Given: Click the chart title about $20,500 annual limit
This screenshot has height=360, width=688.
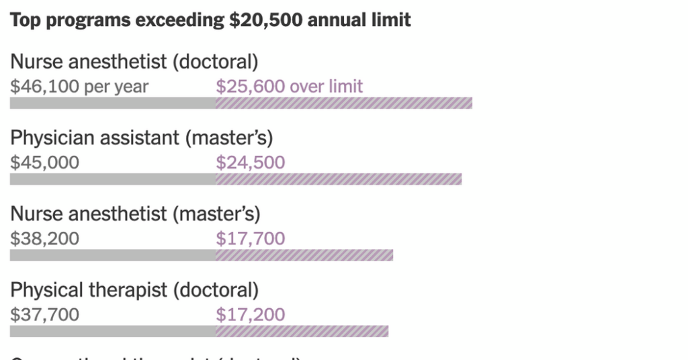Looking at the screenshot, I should pyautogui.click(x=210, y=19).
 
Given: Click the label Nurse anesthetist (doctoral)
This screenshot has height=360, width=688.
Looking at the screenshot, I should pyautogui.click(x=134, y=62).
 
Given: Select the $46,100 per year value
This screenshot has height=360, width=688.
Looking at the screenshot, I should pyautogui.click(x=79, y=87).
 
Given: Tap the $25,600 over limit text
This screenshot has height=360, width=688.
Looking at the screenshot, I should pyautogui.click(x=289, y=87).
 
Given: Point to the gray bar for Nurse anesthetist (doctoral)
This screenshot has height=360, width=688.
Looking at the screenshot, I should pyautogui.click(x=112, y=103).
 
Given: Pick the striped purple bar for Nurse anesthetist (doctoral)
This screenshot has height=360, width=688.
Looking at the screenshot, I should pyautogui.click(x=343, y=103).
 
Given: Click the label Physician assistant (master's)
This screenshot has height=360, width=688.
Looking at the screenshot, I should pyautogui.click(x=141, y=138).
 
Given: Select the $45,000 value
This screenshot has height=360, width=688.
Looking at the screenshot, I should pyautogui.click(x=44, y=163).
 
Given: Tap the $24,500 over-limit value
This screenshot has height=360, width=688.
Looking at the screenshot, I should pyautogui.click(x=250, y=163).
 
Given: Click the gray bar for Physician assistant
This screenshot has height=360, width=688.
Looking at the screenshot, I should pyautogui.click(x=112, y=179).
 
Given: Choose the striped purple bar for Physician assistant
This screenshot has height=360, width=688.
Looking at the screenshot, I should pyautogui.click(x=338, y=179).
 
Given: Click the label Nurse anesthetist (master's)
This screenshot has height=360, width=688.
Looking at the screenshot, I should pyautogui.click(x=134, y=214).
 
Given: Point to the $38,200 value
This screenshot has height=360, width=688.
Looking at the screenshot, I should pyautogui.click(x=44, y=238).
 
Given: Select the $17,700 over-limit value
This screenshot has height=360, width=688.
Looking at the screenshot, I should pyautogui.click(x=250, y=238).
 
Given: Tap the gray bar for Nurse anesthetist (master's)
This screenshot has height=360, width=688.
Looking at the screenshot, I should pyautogui.click(x=112, y=255).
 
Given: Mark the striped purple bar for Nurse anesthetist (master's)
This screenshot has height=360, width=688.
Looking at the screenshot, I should pyautogui.click(x=304, y=255).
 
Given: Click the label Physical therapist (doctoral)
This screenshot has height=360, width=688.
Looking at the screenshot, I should pyautogui.click(x=134, y=289).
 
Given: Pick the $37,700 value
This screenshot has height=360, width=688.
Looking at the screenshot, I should pyautogui.click(x=44, y=314).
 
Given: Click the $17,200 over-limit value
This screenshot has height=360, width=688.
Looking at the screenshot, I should pyautogui.click(x=250, y=314).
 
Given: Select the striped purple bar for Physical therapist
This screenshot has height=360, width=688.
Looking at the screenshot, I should pyautogui.click(x=302, y=331).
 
